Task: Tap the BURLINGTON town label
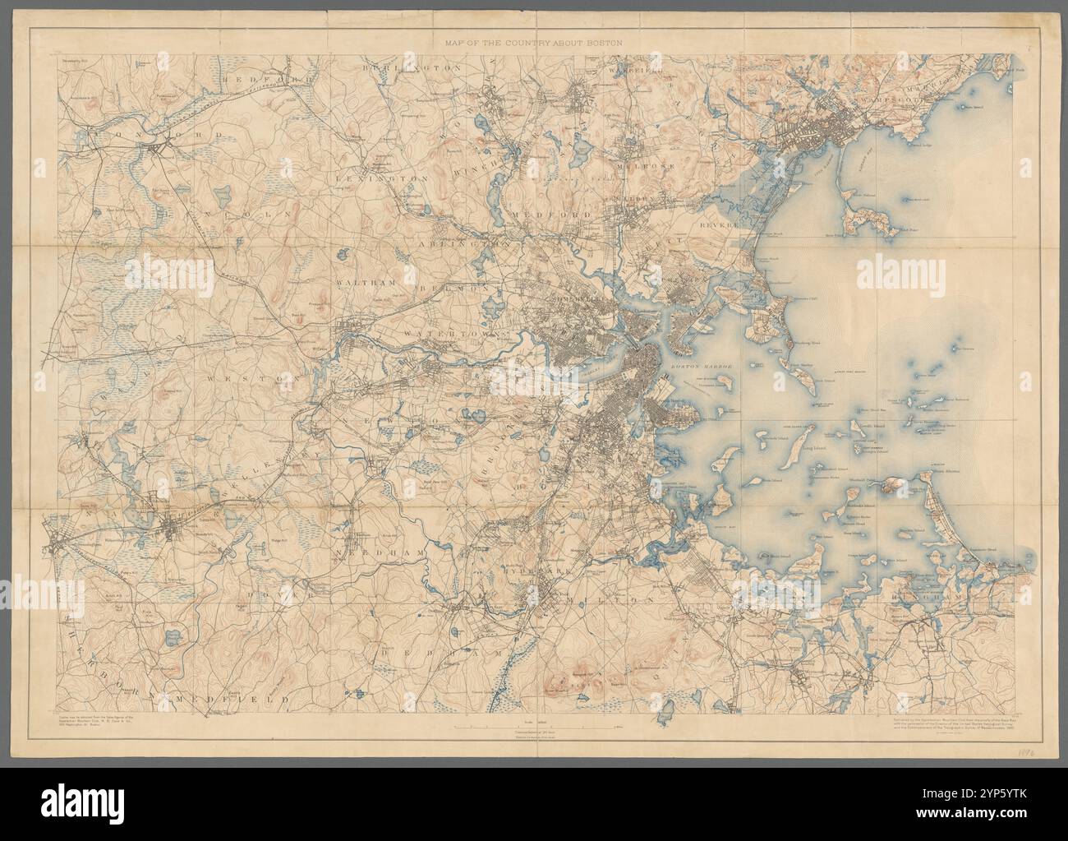(409, 69)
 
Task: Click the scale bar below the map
(533, 704)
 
